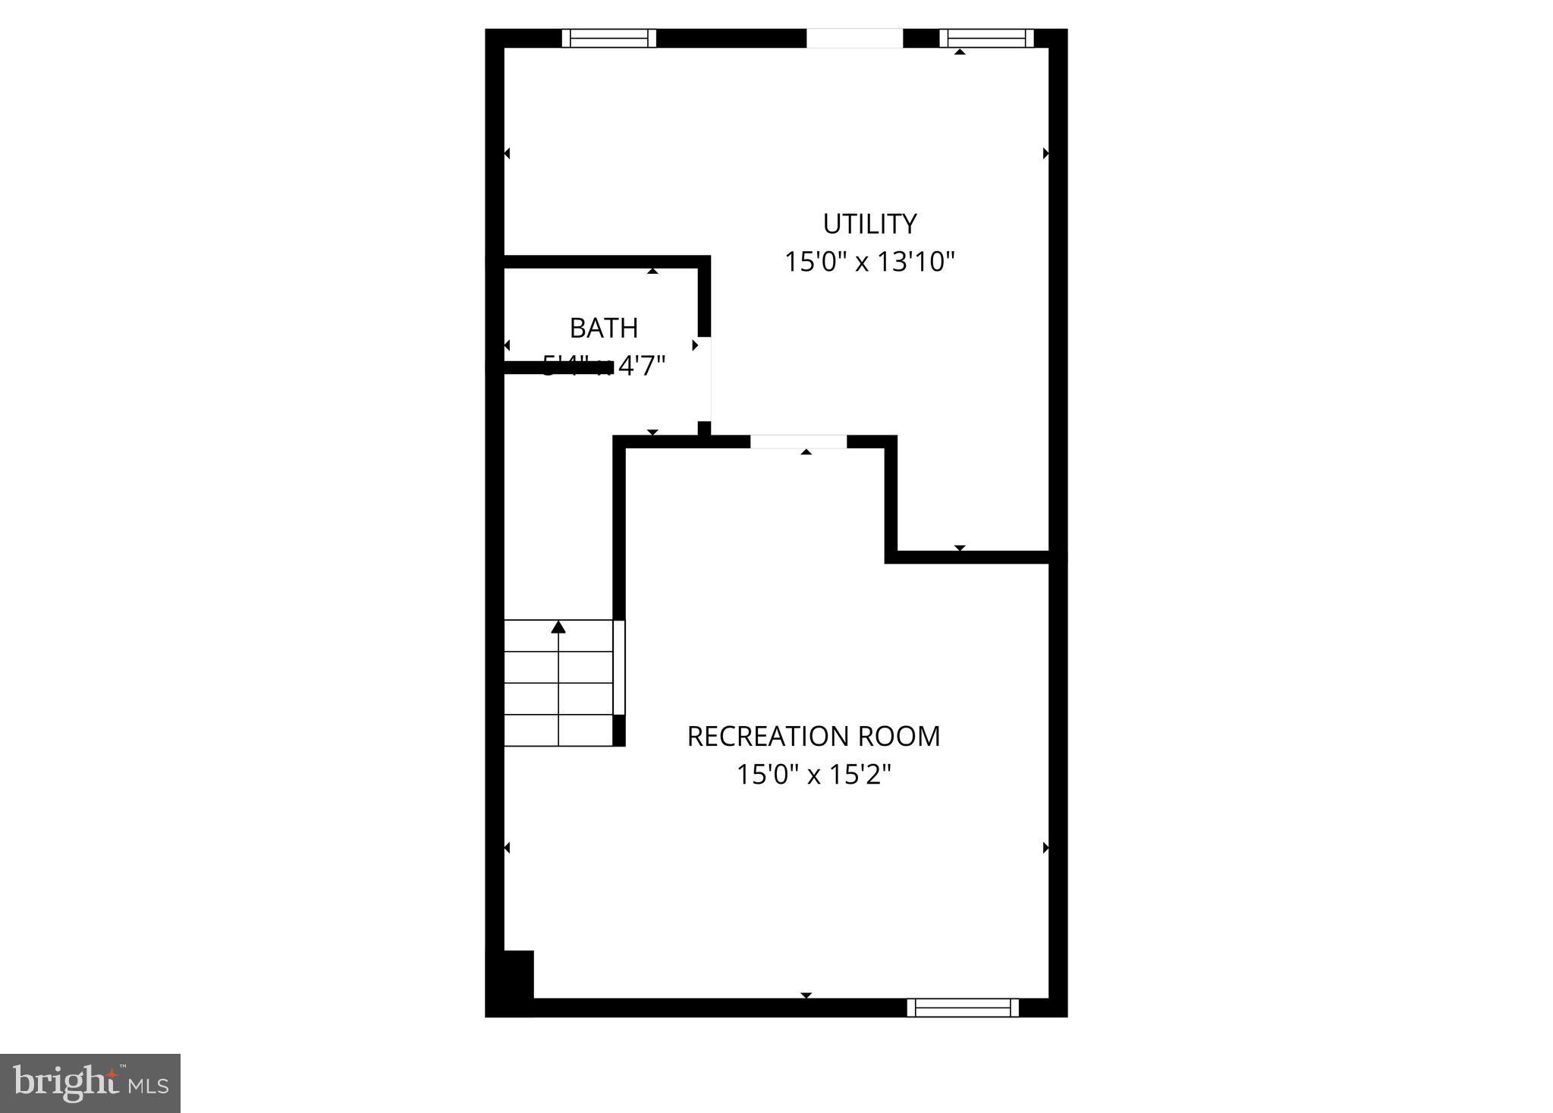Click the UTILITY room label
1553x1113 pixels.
(869, 224)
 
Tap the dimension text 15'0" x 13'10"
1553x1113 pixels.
(869, 263)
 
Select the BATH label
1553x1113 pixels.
(603, 329)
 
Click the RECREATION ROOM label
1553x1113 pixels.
(813, 736)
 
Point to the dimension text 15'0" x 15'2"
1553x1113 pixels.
(813, 775)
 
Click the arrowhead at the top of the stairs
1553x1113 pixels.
(558, 627)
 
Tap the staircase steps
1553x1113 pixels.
(558, 683)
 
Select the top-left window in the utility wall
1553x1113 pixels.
(608, 38)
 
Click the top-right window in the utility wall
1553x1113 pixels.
(986, 38)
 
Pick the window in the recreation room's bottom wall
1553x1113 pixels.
(963, 1008)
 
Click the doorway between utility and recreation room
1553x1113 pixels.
(798, 442)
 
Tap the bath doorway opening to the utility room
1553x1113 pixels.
(705, 379)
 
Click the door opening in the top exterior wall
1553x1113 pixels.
(854, 38)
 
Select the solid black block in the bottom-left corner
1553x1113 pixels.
(510, 983)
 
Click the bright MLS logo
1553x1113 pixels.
(90, 1083)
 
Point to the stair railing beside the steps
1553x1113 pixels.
(619, 668)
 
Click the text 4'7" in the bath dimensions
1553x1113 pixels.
(641, 366)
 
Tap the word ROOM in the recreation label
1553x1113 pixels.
(899, 736)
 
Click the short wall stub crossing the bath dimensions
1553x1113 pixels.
(558, 367)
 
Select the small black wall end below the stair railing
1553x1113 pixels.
(619, 731)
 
